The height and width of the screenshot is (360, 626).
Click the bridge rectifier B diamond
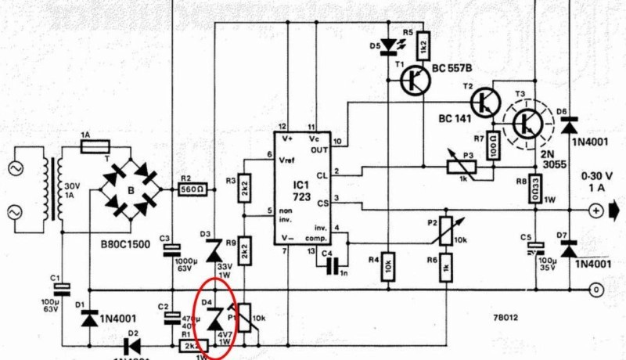131,188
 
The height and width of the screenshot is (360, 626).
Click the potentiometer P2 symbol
444,228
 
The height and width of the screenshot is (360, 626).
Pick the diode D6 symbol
569,122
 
